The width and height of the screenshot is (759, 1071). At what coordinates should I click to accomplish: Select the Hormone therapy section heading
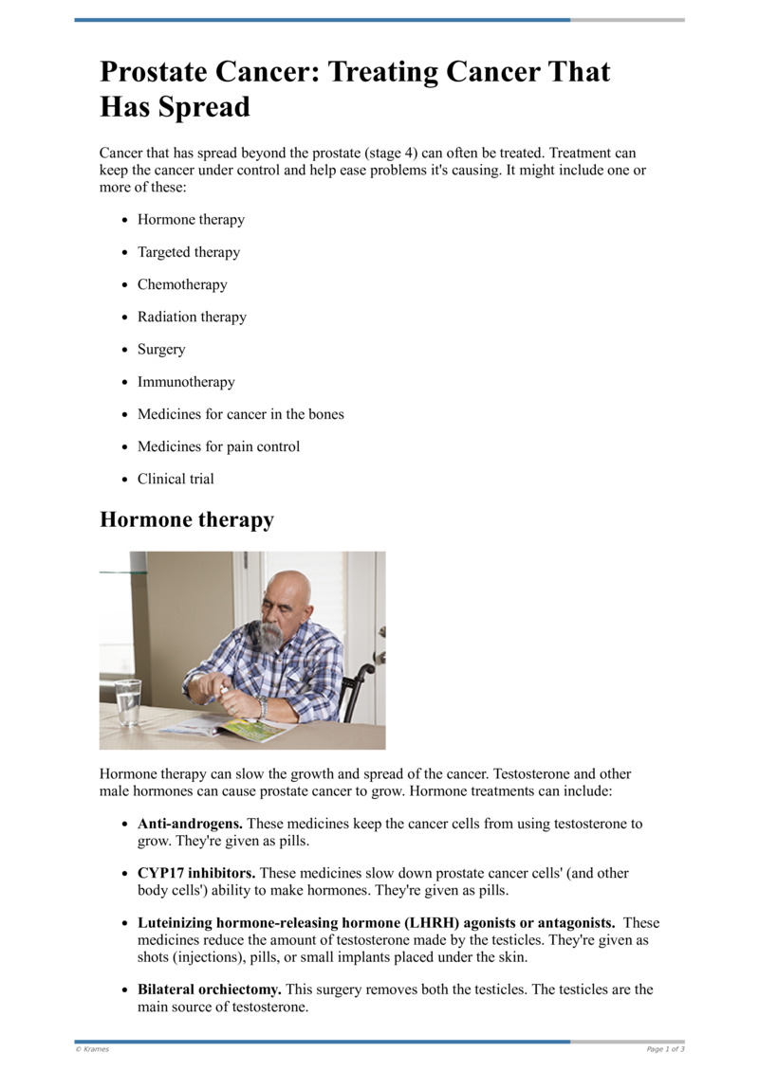tap(187, 519)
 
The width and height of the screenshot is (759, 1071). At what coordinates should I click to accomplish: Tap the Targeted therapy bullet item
tap(189, 252)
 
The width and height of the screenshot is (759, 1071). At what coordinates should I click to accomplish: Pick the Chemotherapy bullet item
tap(182, 284)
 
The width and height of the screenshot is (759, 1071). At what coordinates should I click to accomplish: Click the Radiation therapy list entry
tap(192, 317)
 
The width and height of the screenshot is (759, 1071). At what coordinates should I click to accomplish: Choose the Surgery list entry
tap(161, 350)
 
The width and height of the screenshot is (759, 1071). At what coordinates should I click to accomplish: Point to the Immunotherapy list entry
tap(186, 382)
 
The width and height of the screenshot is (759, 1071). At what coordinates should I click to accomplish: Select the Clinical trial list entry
tap(176, 479)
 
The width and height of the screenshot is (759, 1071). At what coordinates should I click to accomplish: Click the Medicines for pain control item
tap(218, 446)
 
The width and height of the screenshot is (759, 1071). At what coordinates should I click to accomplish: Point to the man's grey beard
tap(271, 635)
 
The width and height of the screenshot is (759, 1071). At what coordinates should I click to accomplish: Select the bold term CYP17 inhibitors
tap(196, 873)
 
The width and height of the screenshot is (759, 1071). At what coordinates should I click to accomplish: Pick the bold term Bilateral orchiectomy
tap(209, 989)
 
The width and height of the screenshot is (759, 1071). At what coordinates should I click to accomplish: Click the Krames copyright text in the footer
tap(92, 1049)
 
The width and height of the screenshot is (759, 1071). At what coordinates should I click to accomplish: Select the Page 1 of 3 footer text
tap(665, 1049)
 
